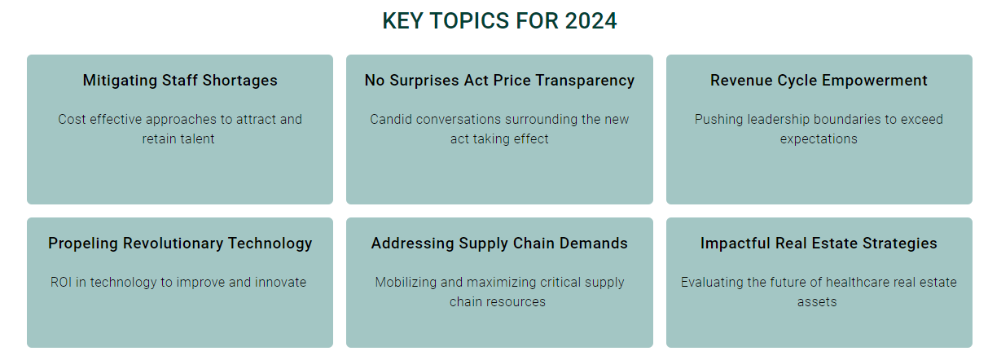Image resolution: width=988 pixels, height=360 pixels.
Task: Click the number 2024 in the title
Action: (x=591, y=20)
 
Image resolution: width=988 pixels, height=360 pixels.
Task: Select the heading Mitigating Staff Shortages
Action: (x=180, y=81)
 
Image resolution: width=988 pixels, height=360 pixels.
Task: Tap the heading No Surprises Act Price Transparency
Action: (x=499, y=81)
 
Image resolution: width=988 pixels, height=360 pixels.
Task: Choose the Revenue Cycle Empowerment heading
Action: (x=819, y=81)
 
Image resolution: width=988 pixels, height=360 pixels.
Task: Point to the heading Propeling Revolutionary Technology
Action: (x=180, y=243)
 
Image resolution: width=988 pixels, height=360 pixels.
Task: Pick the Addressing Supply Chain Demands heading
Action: (x=499, y=243)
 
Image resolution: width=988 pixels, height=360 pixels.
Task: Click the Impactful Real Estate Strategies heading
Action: (x=819, y=243)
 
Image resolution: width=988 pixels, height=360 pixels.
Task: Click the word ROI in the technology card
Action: (x=61, y=282)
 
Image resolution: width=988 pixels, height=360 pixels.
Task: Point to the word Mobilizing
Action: (x=406, y=283)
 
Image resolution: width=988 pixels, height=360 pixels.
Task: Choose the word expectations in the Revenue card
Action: (x=819, y=139)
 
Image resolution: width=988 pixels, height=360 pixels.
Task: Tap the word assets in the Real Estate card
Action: (x=817, y=301)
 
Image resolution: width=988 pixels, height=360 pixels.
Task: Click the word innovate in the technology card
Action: (x=280, y=282)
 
